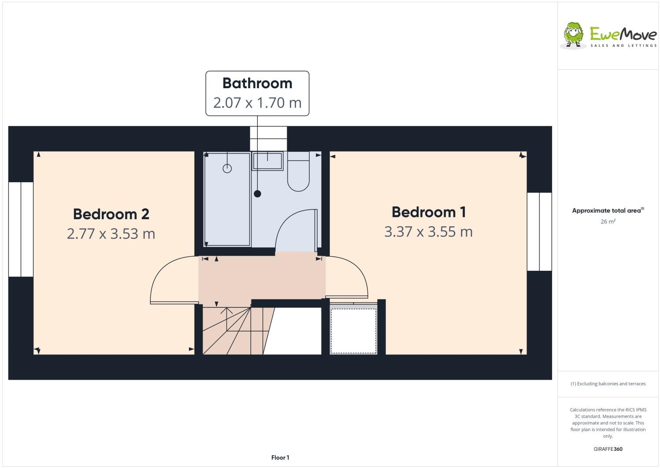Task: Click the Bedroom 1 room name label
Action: [428, 212]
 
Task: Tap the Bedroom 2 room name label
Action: [111, 214]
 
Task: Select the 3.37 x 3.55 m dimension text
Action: [428, 232]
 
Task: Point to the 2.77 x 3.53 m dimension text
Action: [111, 233]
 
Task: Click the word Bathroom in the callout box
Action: [257, 83]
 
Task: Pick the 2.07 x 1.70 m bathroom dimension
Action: [257, 103]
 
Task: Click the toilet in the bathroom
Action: [298, 173]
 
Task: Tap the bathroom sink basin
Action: [267, 161]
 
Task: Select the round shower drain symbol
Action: [227, 168]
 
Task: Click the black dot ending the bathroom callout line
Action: [257, 194]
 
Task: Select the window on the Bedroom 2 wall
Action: [21, 229]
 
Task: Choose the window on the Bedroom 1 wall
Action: [539, 232]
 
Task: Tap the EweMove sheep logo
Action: [573, 34]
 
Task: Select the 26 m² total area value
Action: [608, 221]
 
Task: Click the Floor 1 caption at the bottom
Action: [280, 457]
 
